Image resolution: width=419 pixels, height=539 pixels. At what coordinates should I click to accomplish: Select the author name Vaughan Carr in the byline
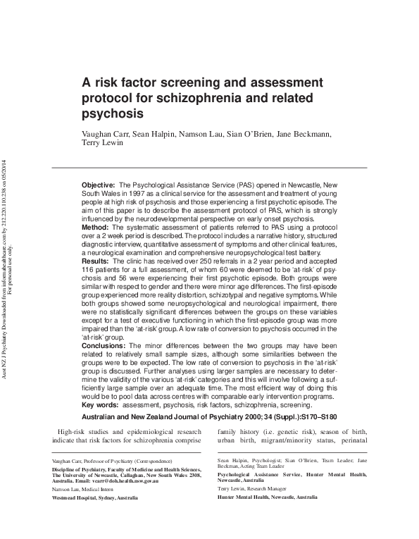(108, 133)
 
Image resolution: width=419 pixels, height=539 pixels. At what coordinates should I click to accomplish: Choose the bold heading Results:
(97, 261)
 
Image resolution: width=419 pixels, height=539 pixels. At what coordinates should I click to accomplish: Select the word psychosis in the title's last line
(114, 113)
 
